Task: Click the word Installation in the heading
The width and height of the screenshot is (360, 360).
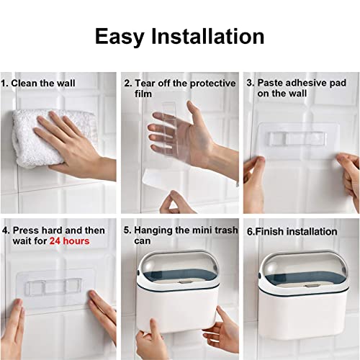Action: point(208,36)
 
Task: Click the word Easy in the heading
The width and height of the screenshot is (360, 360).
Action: point(120,37)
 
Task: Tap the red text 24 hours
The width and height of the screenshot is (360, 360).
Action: point(70,241)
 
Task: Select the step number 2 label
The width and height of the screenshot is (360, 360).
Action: point(128,84)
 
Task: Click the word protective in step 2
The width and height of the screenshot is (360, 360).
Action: point(212,84)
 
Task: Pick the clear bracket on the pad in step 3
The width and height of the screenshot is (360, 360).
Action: point(297,139)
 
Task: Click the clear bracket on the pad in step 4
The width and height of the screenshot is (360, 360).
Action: point(53,286)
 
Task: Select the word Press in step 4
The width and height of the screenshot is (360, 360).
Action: point(26,230)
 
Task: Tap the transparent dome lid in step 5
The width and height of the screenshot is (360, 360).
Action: point(178,264)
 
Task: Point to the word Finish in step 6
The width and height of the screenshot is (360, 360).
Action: point(269,232)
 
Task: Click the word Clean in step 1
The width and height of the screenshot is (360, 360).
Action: point(24,84)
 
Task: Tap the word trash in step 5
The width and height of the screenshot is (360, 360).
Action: point(226,230)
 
